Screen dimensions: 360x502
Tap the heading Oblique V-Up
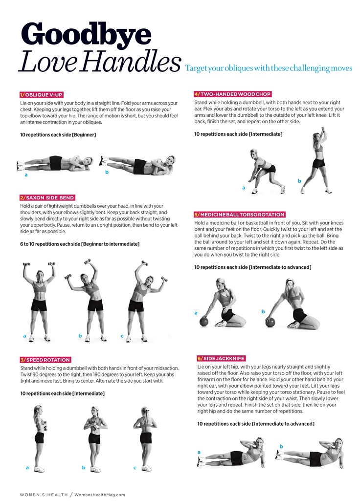(41, 95)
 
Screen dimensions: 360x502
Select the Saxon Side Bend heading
(47, 198)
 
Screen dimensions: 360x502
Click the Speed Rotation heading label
(45, 360)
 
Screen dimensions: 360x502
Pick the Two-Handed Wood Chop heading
(233, 94)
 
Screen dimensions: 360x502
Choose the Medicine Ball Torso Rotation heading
(240, 215)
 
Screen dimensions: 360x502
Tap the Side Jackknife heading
(221, 359)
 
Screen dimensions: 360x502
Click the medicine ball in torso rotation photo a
(204, 322)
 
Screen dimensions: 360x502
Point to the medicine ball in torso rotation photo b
(270, 322)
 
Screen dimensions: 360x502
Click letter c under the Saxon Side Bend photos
(122, 336)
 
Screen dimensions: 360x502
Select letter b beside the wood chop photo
(299, 181)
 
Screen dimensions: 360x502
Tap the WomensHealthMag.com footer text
(100, 495)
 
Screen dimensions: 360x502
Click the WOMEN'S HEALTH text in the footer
(44, 495)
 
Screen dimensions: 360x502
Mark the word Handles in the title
(131, 62)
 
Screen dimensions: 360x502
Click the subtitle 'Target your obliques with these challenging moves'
(269, 68)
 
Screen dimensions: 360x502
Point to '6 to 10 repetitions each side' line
(50, 244)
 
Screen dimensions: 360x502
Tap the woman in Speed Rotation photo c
(145, 438)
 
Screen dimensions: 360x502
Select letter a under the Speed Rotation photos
(27, 468)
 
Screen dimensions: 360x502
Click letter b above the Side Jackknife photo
(281, 446)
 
